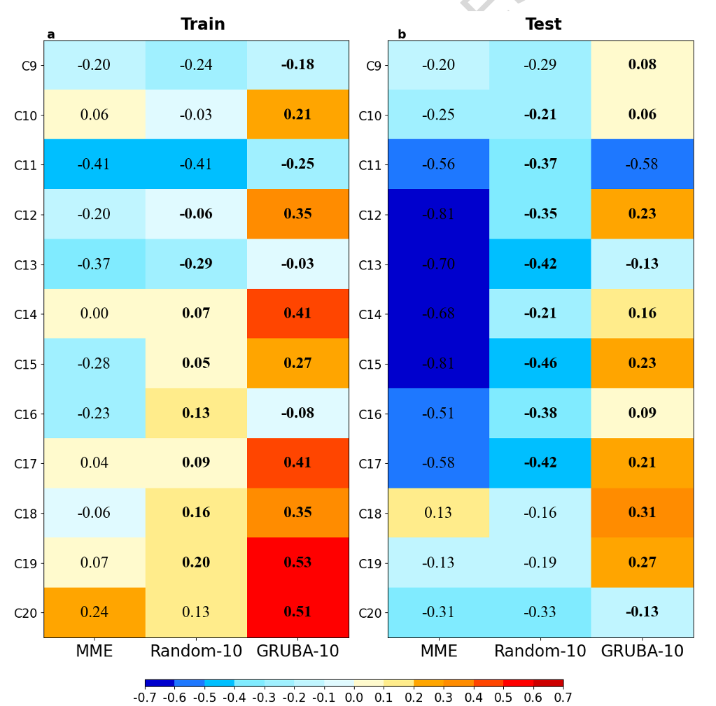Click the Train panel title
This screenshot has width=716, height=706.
point(203,24)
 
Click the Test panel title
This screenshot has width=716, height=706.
point(543,24)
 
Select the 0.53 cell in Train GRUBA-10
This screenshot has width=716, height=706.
point(297,563)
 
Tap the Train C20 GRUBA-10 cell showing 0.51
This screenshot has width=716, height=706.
point(297,612)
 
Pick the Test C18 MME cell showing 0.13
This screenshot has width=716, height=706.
point(438,513)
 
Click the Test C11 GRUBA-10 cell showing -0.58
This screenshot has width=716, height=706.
point(642,164)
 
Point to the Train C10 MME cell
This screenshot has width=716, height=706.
point(94,115)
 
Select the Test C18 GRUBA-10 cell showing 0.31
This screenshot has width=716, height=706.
point(642,513)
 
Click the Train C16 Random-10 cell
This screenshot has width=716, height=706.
point(196,413)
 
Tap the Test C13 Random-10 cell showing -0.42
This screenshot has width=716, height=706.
point(540,264)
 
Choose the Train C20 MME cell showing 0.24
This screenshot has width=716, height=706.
point(94,612)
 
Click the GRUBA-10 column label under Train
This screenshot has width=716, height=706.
point(297,651)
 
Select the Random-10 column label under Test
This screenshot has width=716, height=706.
point(540,651)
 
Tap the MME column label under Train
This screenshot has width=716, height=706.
point(94,651)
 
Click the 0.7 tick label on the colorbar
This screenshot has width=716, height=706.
point(563,698)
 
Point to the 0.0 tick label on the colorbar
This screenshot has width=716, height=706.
point(354,698)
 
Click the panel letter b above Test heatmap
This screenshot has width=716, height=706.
point(402,34)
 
